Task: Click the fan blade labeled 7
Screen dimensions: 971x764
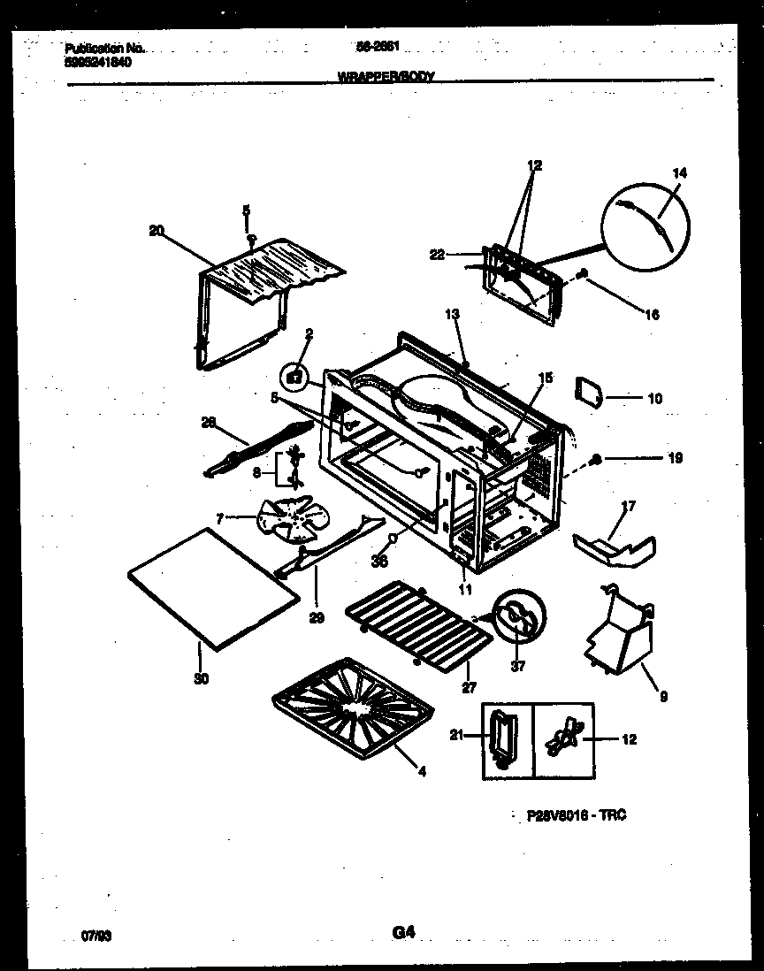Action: (x=288, y=518)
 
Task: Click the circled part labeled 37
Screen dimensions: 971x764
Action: (x=518, y=615)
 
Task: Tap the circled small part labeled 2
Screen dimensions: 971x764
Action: (x=296, y=377)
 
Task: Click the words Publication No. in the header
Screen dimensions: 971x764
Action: (x=104, y=49)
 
